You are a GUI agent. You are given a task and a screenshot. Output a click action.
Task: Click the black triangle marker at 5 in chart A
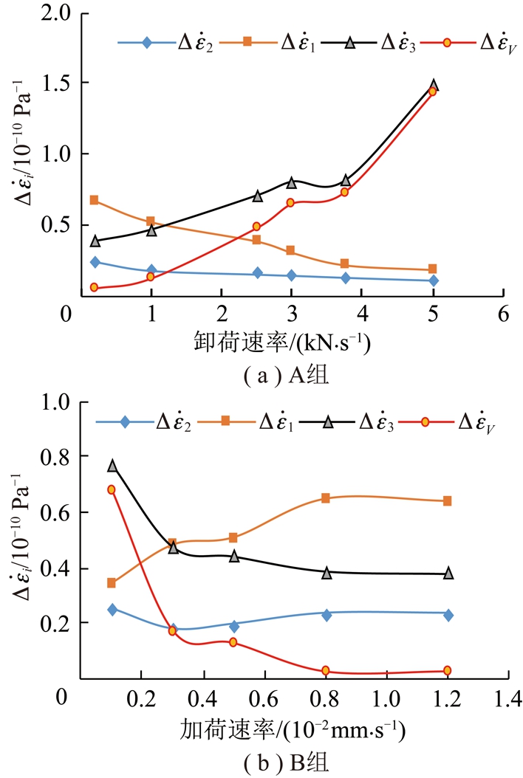[434, 86]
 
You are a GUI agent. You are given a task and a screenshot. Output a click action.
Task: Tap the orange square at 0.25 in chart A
[95, 200]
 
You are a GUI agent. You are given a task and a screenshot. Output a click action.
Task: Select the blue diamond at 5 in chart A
[434, 280]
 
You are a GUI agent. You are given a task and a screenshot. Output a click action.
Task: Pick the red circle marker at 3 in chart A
[291, 202]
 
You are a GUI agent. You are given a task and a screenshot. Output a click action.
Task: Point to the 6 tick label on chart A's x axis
[503, 312]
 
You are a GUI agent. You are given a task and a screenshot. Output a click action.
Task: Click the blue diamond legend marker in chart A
[146, 42]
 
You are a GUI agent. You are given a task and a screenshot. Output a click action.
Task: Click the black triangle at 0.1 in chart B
[112, 466]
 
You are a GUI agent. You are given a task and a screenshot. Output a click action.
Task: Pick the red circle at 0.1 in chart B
[112, 489]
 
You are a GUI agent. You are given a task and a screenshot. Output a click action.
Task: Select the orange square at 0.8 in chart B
[326, 498]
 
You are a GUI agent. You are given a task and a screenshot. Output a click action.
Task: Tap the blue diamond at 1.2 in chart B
[448, 615]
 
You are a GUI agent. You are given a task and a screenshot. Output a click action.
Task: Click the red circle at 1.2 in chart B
[448, 670]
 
